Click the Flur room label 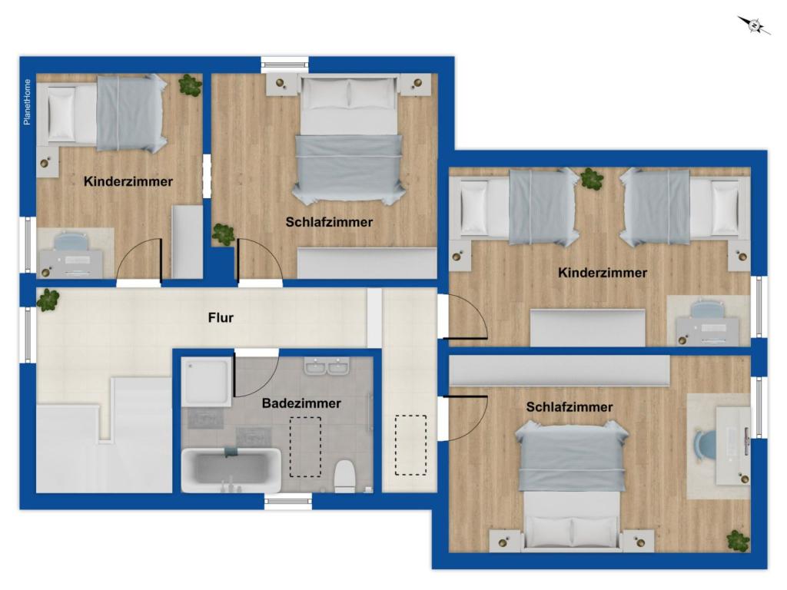click(221, 317)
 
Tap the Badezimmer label click(301, 403)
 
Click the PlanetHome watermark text click(28, 102)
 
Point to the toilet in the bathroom click(344, 476)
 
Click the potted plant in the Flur click(48, 300)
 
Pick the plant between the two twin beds click(591, 179)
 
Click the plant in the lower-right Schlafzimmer click(738, 540)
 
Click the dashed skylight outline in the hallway click(410, 446)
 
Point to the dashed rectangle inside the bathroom click(305, 446)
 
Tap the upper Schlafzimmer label click(329, 222)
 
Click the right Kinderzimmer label click(603, 273)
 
